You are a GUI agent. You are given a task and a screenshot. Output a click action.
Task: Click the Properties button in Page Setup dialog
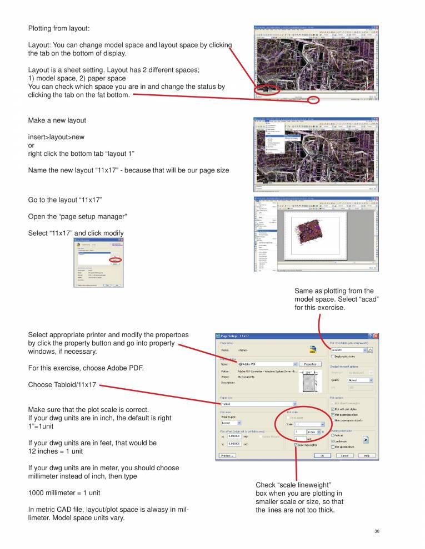[311, 364]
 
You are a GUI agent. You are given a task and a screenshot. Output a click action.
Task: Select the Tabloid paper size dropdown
[259, 404]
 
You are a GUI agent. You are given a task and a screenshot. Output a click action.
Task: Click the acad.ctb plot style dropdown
[349, 350]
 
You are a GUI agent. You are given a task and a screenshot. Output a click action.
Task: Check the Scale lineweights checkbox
[295, 445]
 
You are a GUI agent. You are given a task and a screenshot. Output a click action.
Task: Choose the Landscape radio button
[333, 441]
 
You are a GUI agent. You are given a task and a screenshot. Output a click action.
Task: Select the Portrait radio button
[333, 435]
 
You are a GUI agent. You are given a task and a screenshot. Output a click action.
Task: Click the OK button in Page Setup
[322, 455]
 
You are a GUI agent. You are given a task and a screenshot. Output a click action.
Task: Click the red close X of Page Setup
[376, 336]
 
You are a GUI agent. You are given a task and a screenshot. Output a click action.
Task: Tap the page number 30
[377, 532]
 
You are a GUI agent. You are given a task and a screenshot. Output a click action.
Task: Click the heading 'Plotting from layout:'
[58, 28]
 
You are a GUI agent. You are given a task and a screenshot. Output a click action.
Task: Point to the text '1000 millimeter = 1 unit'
[64, 492]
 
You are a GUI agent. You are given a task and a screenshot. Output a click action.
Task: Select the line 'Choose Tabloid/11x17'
[62, 384]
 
